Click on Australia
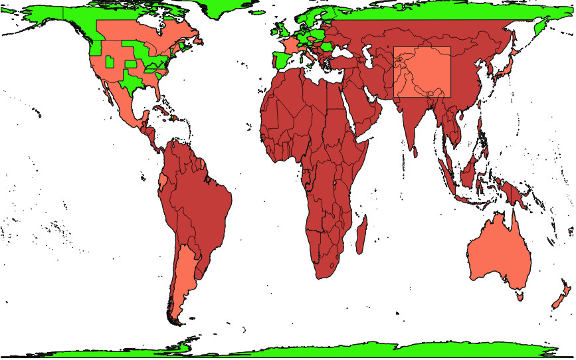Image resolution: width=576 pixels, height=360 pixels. (x=498, y=256)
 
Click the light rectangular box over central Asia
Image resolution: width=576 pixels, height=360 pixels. (x=422, y=72)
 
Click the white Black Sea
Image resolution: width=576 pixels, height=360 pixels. (x=347, y=51)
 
